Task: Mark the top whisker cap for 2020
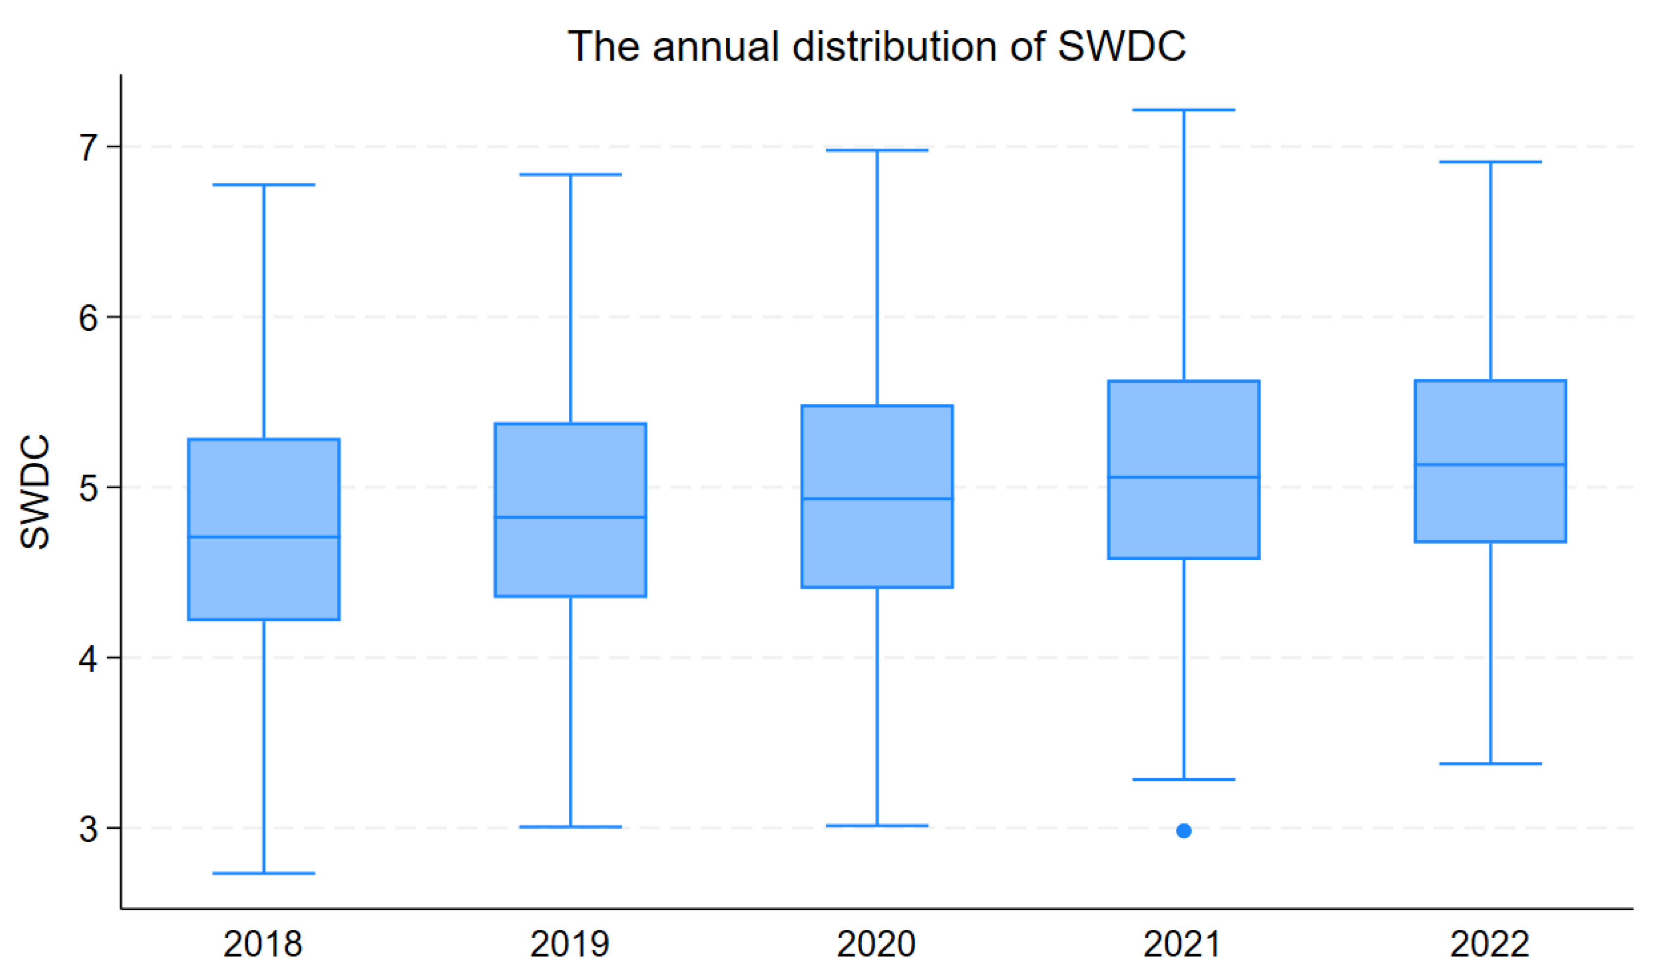tap(877, 151)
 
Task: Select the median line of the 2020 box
tap(877, 499)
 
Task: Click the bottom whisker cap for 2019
tap(570, 826)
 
